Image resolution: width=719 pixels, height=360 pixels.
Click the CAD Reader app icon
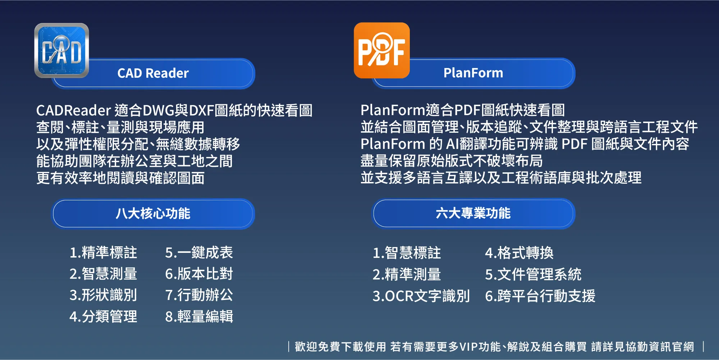click(61, 50)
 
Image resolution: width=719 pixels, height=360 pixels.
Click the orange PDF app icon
click(381, 50)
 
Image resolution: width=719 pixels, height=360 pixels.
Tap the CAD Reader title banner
click(153, 73)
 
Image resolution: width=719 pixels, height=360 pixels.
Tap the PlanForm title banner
click(473, 73)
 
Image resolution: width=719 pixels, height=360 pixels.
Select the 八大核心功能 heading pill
click(153, 214)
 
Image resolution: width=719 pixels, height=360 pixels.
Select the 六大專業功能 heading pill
click(473, 213)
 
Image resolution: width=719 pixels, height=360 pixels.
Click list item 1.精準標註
click(103, 252)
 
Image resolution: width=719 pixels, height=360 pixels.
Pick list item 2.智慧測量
click(103, 274)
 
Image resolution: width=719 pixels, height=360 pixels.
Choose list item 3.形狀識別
click(103, 295)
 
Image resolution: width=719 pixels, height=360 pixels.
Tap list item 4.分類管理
click(103, 316)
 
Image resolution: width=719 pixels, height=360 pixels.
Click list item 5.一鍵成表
click(199, 252)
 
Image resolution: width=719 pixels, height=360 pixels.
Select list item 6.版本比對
click(199, 274)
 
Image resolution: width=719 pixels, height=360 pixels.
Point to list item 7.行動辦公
click(199, 295)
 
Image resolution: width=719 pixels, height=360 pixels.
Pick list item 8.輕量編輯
click(199, 316)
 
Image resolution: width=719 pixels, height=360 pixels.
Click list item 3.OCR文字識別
click(421, 296)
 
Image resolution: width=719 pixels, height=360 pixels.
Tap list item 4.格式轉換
click(519, 253)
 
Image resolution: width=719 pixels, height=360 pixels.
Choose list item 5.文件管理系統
click(533, 274)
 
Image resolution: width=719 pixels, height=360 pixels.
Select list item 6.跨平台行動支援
click(540, 296)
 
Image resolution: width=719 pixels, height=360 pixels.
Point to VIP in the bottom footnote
click(468, 347)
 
